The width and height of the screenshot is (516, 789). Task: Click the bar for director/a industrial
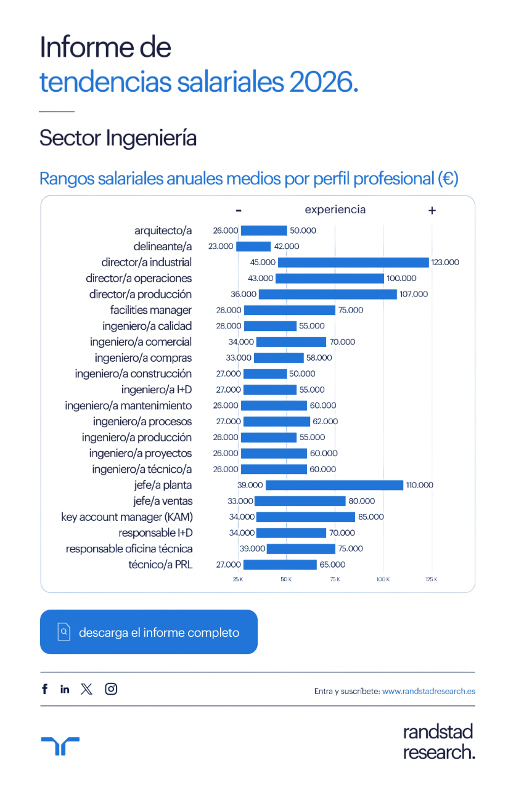tap(353, 263)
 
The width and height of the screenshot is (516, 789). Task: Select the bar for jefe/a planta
tap(334, 485)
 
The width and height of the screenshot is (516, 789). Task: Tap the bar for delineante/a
tap(253, 247)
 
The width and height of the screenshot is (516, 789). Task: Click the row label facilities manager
tap(151, 310)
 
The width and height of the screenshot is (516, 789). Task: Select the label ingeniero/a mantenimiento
tap(129, 406)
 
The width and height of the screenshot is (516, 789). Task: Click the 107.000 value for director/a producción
tap(414, 294)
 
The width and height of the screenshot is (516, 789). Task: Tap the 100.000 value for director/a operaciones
tap(401, 279)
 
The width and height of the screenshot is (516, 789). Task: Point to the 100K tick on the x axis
tap(383, 579)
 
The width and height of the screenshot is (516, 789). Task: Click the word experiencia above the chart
tap(335, 210)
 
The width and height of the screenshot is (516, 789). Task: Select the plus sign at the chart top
tap(432, 210)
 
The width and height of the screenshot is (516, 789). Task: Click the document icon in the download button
tap(64, 632)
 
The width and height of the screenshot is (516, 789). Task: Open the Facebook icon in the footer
tap(45, 689)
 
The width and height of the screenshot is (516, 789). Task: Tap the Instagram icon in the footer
tap(111, 689)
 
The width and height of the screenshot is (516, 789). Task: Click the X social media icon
tap(87, 689)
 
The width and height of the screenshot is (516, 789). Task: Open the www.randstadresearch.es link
tap(428, 692)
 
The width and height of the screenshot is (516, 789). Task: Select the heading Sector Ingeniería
tap(118, 138)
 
